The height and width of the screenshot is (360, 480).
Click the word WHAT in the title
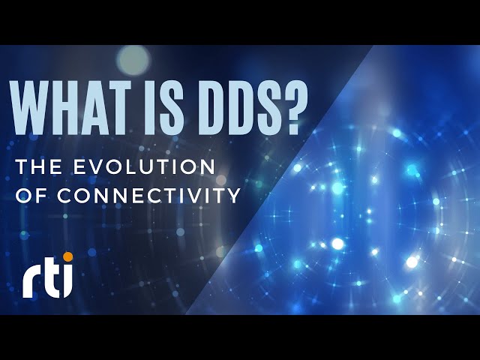[x=66, y=106]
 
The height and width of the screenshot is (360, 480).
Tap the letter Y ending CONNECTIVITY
[x=234, y=196]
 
